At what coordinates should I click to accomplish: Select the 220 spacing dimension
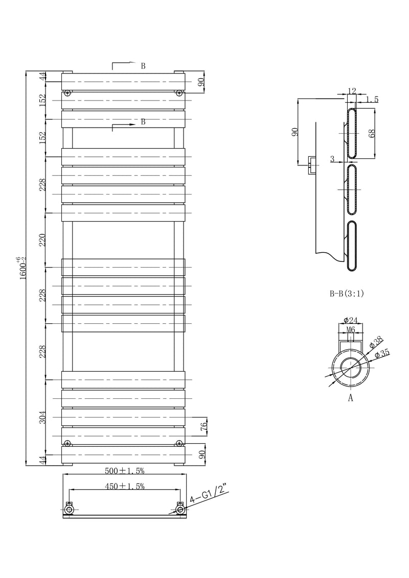point(42,239)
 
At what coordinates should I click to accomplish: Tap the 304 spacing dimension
point(42,417)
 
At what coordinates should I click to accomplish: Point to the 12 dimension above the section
point(351,91)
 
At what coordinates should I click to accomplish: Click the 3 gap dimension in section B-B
point(332,159)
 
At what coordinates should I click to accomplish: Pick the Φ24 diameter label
point(350,320)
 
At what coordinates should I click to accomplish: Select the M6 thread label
point(351,330)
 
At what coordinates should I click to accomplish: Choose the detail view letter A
point(351,399)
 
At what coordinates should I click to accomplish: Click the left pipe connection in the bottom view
point(70,509)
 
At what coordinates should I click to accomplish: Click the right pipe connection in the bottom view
point(179,509)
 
